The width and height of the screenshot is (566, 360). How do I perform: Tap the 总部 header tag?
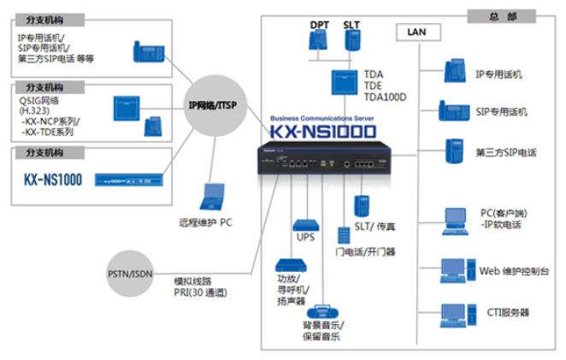[500, 15]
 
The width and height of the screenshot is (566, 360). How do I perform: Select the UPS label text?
[306, 238]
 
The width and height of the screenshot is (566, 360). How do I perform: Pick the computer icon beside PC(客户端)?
[454, 221]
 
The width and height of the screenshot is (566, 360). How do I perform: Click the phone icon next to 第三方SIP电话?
[453, 151]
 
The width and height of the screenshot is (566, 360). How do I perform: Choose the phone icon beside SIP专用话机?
[453, 111]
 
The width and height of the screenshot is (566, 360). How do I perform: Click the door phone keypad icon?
[342, 234]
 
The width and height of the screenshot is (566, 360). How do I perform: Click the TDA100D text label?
[385, 97]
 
